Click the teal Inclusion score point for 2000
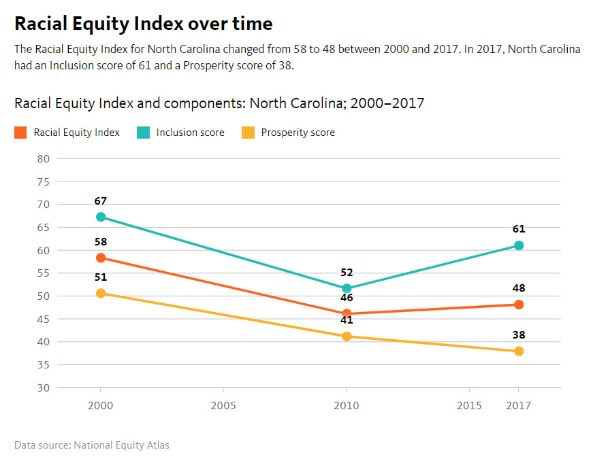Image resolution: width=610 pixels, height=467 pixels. pyautogui.click(x=101, y=217)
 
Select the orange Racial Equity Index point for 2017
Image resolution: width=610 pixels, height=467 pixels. pyautogui.click(x=519, y=305)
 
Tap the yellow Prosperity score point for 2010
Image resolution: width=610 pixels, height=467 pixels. pyautogui.click(x=347, y=336)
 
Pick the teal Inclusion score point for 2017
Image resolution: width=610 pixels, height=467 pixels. pyautogui.click(x=519, y=245)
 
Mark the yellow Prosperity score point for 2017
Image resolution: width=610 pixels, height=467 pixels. pyautogui.click(x=519, y=351)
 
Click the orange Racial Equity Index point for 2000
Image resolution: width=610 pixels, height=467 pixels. pyautogui.click(x=101, y=258)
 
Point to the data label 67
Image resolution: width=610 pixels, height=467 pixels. pyautogui.click(x=100, y=201)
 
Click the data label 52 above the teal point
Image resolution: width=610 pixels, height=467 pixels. pyautogui.click(x=347, y=273)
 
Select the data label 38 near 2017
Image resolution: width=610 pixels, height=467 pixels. pyautogui.click(x=519, y=335)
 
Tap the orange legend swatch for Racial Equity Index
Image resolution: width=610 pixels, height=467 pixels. pyautogui.click(x=20, y=133)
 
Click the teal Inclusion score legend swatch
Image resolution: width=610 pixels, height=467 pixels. pyautogui.click(x=143, y=133)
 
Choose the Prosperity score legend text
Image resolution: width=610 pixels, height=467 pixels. pyautogui.click(x=298, y=133)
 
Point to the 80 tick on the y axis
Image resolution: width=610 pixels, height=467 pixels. pyautogui.click(x=44, y=158)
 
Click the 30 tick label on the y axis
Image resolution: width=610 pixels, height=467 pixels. pyautogui.click(x=44, y=387)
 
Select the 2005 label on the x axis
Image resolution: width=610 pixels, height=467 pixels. pyautogui.click(x=223, y=406)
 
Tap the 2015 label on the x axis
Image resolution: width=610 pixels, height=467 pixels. pyautogui.click(x=469, y=406)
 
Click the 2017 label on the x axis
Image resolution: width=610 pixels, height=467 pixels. pyautogui.click(x=518, y=406)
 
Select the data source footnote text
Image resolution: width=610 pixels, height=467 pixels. pyautogui.click(x=92, y=445)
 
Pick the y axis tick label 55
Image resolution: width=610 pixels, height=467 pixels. pyautogui.click(x=44, y=273)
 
